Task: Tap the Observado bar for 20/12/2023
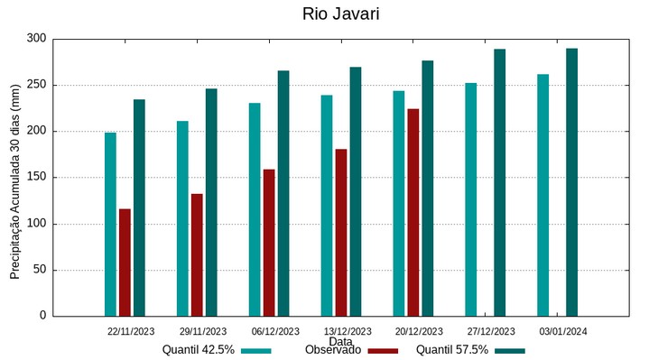pyautogui.click(x=413, y=212)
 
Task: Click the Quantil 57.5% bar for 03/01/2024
pyautogui.click(x=571, y=181)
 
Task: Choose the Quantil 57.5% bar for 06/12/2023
pyautogui.click(x=283, y=193)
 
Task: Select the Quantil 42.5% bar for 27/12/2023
pyautogui.click(x=470, y=199)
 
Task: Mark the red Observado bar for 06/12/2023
pyautogui.click(x=269, y=242)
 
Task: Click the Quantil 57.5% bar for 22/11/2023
pyautogui.click(x=139, y=208)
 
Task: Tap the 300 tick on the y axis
pyautogui.click(x=36, y=39)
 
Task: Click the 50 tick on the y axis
pyautogui.click(x=39, y=270)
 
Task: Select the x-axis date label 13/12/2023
pyautogui.click(x=348, y=331)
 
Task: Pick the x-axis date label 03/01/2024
pyautogui.click(x=563, y=331)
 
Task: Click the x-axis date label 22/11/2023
pyautogui.click(x=131, y=331)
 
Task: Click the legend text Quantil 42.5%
pyautogui.click(x=199, y=350)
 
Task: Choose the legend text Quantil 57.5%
pyautogui.click(x=451, y=350)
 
